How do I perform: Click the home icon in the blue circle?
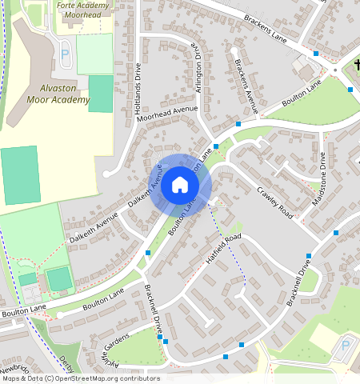tap(180, 186)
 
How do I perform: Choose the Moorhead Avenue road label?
tap(167, 113)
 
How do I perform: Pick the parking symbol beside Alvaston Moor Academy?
tap(65, 54)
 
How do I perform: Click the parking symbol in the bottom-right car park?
tap(345, 346)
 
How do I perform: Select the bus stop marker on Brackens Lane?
tap(316, 54)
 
